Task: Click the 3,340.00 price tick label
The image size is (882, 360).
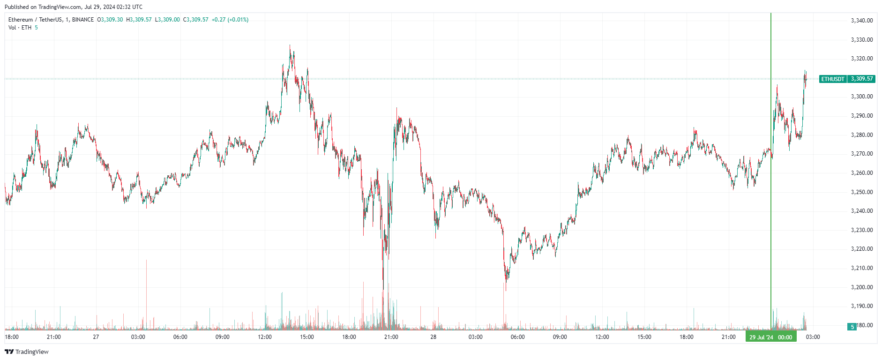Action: click(861, 21)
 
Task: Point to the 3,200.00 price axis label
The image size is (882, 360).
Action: click(861, 287)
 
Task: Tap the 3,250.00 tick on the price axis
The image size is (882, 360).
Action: click(861, 192)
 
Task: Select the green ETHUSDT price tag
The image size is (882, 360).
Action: click(833, 79)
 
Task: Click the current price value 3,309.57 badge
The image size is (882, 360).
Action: click(862, 79)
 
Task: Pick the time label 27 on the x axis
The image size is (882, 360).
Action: click(96, 337)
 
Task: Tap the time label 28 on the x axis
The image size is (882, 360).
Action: click(434, 337)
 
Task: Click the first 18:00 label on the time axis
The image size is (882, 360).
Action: click(12, 337)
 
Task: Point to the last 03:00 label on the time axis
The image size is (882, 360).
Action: click(813, 337)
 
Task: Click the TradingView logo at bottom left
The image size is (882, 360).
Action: click(27, 352)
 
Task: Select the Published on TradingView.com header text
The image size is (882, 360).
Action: click(73, 7)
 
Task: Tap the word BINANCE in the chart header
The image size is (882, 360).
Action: click(83, 20)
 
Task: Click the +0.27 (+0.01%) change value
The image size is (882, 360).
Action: click(230, 20)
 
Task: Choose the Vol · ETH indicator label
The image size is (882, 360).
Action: click(20, 28)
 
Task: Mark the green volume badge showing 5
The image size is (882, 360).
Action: click(852, 327)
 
